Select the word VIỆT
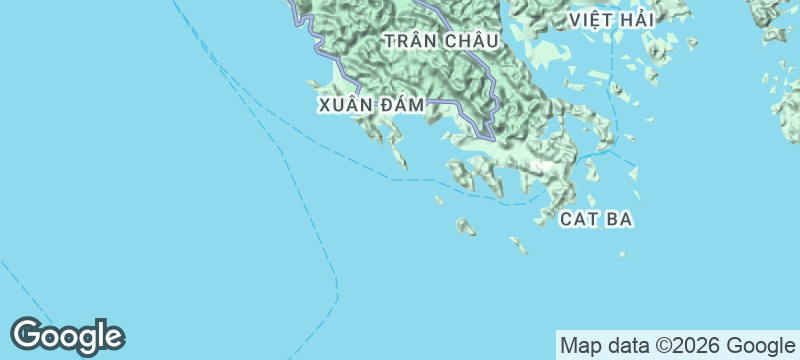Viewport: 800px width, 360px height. point(592,19)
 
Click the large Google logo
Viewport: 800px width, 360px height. point(68,336)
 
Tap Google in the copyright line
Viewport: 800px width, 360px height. point(760,346)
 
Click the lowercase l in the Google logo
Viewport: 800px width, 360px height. point(97,333)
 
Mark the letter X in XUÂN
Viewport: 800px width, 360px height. point(324,104)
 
